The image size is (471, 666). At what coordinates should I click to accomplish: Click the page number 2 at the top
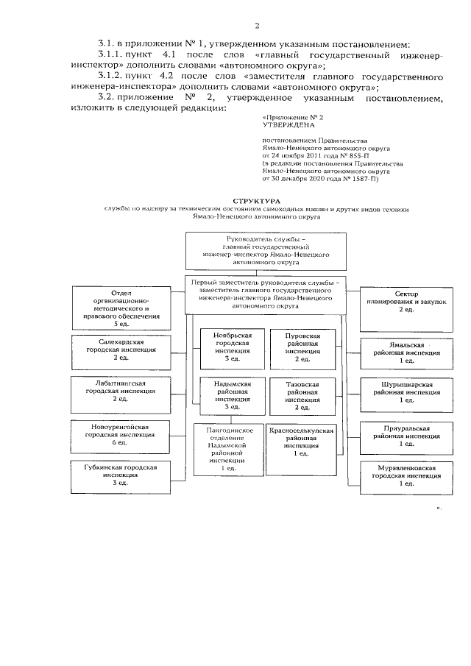click(x=258, y=26)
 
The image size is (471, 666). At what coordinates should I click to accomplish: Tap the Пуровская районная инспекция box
click(x=302, y=347)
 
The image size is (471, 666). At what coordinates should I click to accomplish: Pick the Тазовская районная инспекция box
click(x=302, y=395)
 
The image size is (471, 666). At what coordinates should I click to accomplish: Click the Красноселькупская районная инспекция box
click(x=302, y=442)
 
